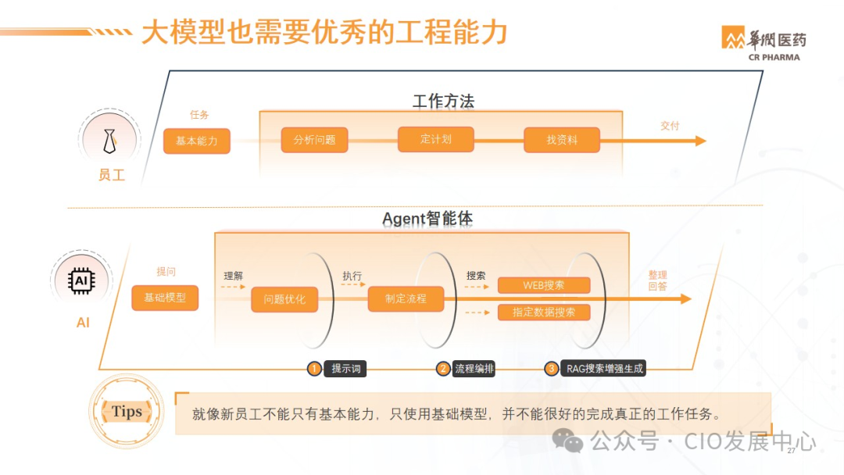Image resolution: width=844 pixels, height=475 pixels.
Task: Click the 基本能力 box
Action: (x=197, y=141)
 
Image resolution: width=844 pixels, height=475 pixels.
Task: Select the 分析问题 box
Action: (x=315, y=141)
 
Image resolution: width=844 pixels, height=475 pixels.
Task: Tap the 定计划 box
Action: (x=436, y=139)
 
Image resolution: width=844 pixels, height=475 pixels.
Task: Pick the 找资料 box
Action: (x=562, y=141)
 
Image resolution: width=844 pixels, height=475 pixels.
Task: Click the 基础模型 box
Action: (x=165, y=298)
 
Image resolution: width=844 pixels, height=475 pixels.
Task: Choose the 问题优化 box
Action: (x=284, y=299)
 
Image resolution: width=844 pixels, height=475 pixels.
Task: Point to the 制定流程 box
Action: (x=406, y=298)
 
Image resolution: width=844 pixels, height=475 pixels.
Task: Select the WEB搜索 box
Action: (x=544, y=285)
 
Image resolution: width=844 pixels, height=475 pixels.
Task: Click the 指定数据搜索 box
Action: (x=544, y=312)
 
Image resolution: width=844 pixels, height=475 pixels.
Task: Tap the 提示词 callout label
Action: (x=345, y=369)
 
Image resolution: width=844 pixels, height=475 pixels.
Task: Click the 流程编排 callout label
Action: (x=474, y=369)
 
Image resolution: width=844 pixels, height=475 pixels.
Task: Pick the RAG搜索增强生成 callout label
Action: (x=605, y=369)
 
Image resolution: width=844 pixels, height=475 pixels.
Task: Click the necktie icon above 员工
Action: (x=110, y=141)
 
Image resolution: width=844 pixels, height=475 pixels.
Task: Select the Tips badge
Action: (x=127, y=412)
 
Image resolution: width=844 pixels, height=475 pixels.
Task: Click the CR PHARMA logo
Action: (x=763, y=44)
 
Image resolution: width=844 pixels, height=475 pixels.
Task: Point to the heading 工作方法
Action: (x=443, y=102)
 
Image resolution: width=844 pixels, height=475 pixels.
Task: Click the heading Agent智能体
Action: (x=427, y=219)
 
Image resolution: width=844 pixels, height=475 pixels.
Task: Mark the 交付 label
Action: (x=670, y=125)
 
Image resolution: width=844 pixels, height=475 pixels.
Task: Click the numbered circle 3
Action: (x=552, y=369)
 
